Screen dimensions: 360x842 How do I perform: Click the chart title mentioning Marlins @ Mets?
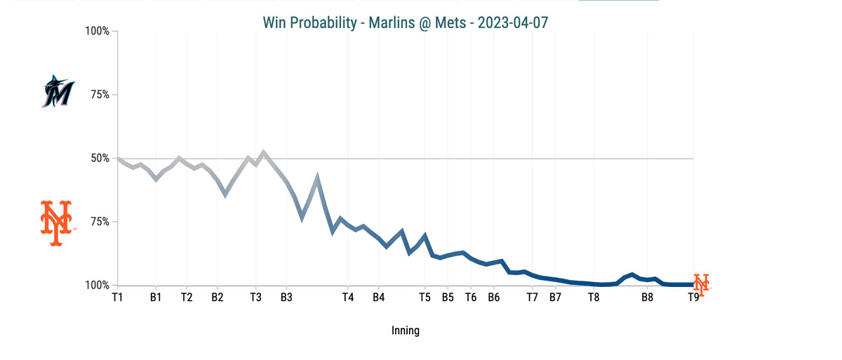pyautogui.click(x=405, y=22)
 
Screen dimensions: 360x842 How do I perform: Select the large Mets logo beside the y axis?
pyautogui.click(x=56, y=223)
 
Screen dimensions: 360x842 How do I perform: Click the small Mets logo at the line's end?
pyautogui.click(x=701, y=282)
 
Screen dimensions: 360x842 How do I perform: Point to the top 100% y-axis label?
pyautogui.click(x=96, y=32)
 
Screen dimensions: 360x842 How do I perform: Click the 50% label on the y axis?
pyautogui.click(x=99, y=159)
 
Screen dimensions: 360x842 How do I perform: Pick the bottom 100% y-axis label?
pyautogui.click(x=96, y=286)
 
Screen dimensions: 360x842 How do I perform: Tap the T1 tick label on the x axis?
pyautogui.click(x=117, y=298)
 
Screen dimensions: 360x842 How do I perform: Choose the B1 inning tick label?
pyautogui.click(x=156, y=298)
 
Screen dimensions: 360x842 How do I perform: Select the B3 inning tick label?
pyautogui.click(x=286, y=298)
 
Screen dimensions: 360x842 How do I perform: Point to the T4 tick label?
pyautogui.click(x=347, y=298)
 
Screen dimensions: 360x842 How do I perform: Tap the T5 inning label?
pyautogui.click(x=425, y=298)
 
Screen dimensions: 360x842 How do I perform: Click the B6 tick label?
pyautogui.click(x=493, y=298)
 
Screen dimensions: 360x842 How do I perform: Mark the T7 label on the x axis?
pyautogui.click(x=532, y=298)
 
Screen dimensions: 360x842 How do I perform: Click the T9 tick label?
pyautogui.click(x=693, y=298)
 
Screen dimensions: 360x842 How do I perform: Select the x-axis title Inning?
pyautogui.click(x=405, y=331)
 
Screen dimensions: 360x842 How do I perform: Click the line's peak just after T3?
pyautogui.click(x=263, y=152)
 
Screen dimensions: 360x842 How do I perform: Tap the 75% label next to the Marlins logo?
pyautogui.click(x=99, y=95)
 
